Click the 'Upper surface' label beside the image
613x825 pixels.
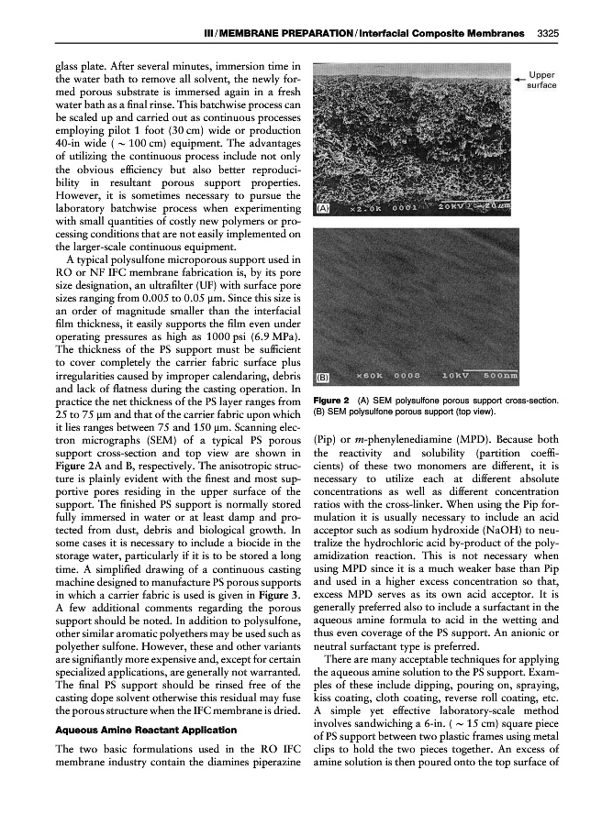click(x=541, y=80)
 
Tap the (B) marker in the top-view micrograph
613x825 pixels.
click(x=323, y=377)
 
